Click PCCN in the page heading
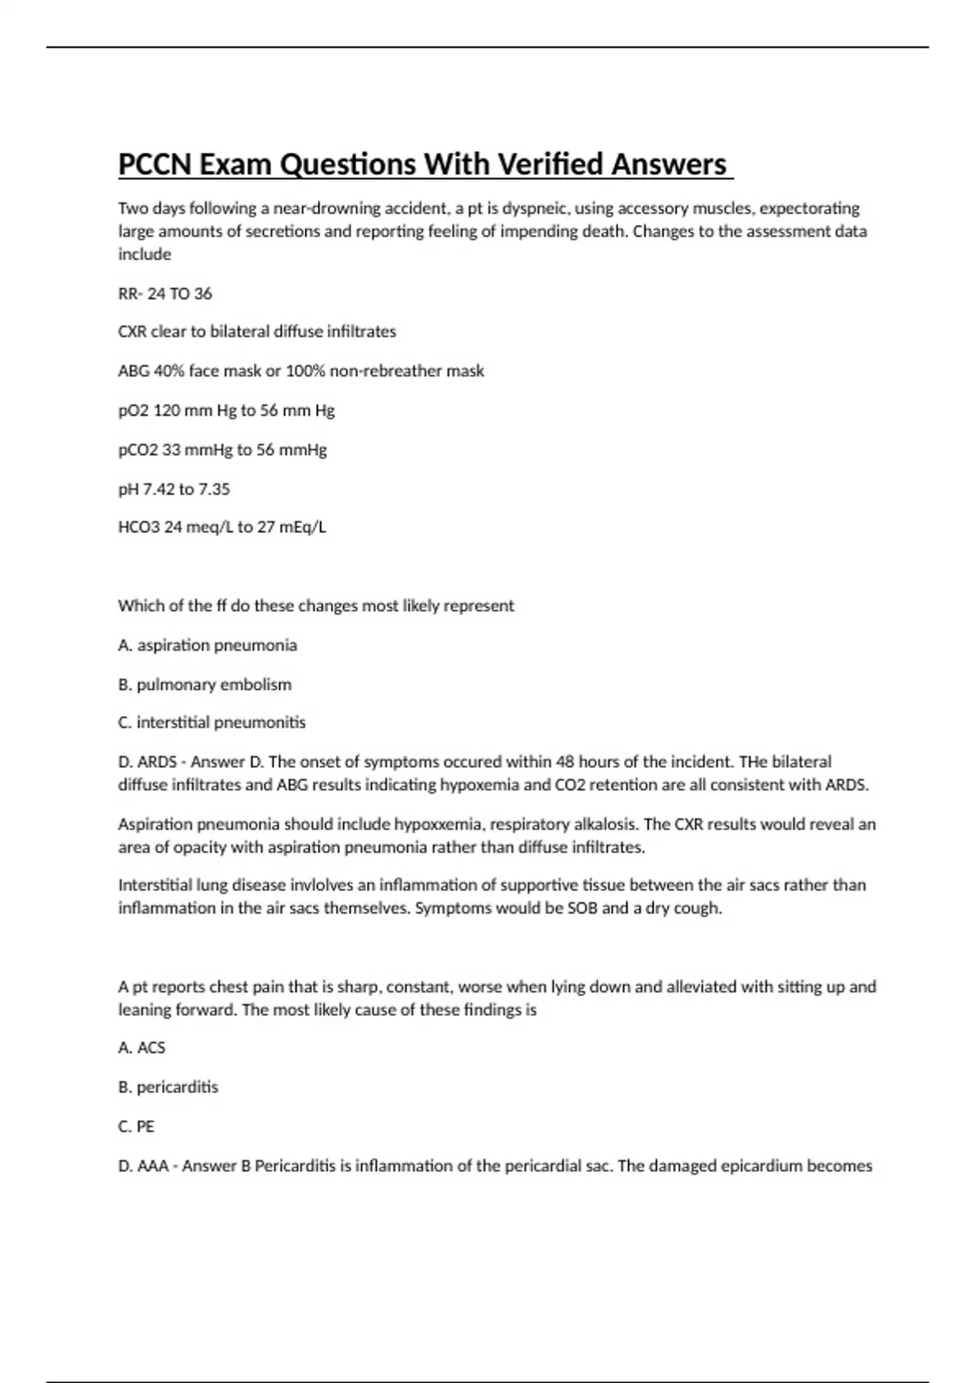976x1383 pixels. tap(155, 164)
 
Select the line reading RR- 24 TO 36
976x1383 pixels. tap(165, 294)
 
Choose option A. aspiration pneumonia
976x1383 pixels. tap(207, 645)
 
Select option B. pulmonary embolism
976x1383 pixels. tap(205, 685)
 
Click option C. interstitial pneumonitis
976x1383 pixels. tap(211, 722)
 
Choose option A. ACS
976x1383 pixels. tap(142, 1048)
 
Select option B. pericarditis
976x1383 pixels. tap(168, 1087)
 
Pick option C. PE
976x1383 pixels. tap(136, 1127)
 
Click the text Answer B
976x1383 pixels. tap(216, 1166)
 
